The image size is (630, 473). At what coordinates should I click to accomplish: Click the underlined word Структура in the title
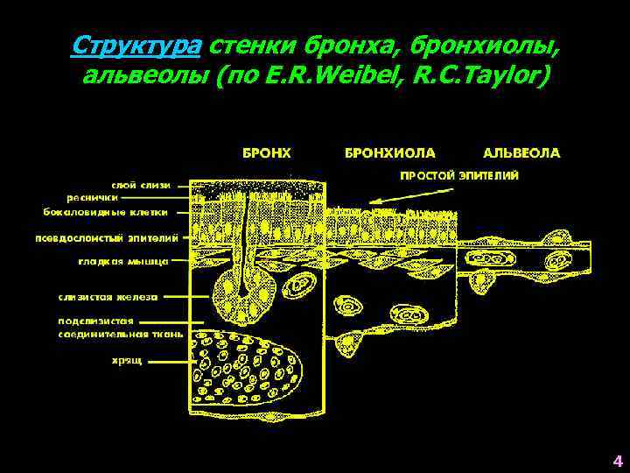pyautogui.click(x=136, y=45)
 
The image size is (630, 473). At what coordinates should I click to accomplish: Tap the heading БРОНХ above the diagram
pyautogui.click(x=266, y=152)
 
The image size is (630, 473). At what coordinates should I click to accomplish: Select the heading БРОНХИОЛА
pyautogui.click(x=389, y=152)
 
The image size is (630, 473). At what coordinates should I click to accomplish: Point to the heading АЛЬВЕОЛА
pyautogui.click(x=521, y=152)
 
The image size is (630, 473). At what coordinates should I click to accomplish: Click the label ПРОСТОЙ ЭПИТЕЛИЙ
pyautogui.click(x=458, y=175)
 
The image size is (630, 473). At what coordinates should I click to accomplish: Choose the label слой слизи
pyautogui.click(x=140, y=185)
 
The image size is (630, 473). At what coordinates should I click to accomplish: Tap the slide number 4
pyautogui.click(x=617, y=461)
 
